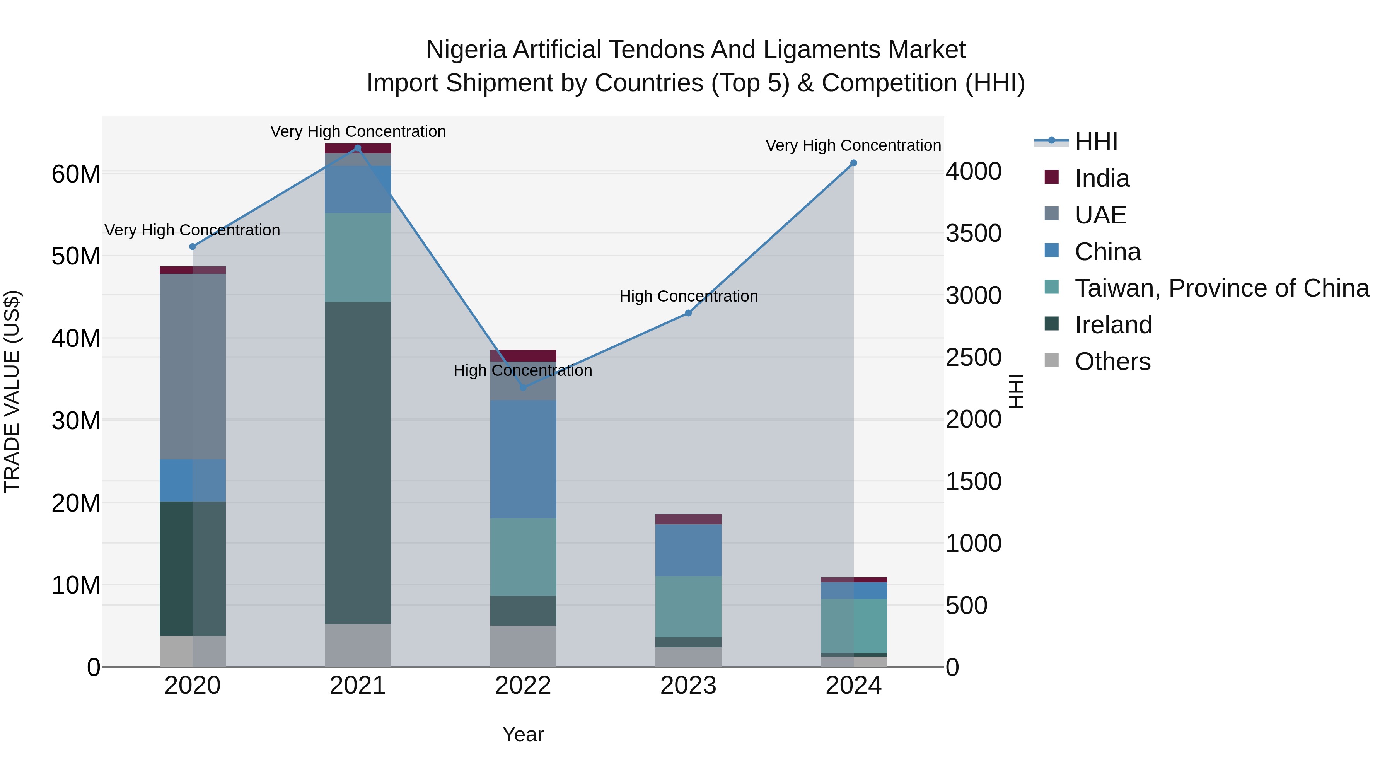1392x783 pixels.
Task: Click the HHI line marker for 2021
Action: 357,148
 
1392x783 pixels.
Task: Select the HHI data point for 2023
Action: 688,313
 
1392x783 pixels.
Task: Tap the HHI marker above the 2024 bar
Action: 853,163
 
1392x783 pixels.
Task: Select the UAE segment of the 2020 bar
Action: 193,367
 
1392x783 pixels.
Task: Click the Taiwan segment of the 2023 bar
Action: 688,606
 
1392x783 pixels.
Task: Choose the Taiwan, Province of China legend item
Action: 1221,288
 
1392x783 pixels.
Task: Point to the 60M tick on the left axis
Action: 76,174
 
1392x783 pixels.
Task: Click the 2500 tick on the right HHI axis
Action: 973,358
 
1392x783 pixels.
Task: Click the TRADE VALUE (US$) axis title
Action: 12,391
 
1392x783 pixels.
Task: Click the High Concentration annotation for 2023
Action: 688,296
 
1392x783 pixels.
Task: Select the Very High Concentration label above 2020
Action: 193,230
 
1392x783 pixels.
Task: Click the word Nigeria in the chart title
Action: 466,50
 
